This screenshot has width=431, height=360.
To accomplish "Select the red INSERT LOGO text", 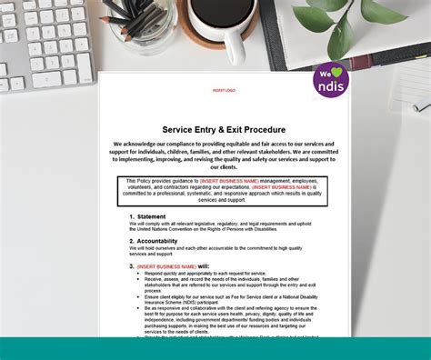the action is pos(224,91).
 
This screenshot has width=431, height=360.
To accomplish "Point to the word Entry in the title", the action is pos(207,129).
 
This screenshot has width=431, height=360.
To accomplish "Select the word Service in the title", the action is pos(179,129).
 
